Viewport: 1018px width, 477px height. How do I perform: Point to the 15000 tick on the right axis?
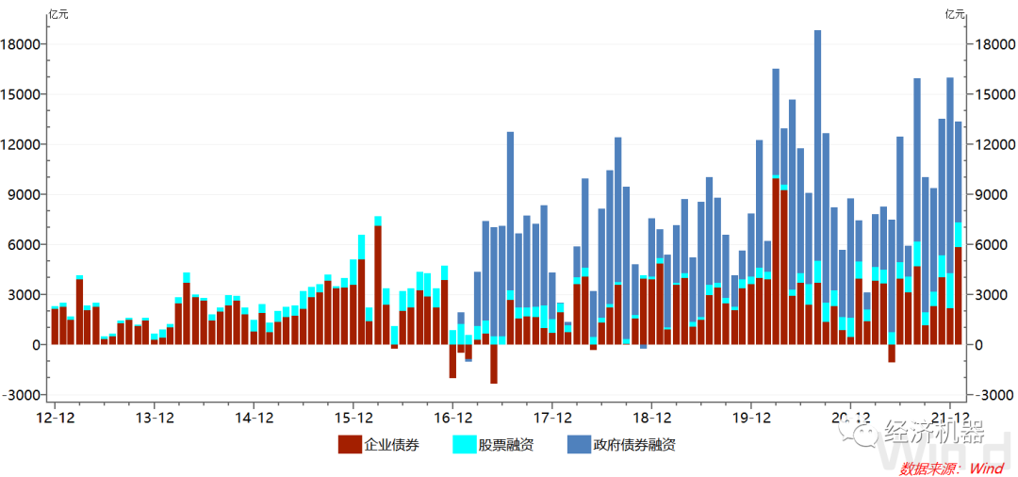pyautogui.click(x=995, y=94)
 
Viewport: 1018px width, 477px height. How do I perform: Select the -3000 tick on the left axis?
pyautogui.click(x=23, y=395)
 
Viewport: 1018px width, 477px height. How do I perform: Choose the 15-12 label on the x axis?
pyautogui.click(x=353, y=417)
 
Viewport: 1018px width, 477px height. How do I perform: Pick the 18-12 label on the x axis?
pyautogui.click(x=652, y=417)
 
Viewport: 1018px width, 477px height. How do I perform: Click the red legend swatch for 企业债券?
pyautogui.click(x=350, y=444)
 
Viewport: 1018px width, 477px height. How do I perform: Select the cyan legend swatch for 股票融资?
pyautogui.click(x=464, y=444)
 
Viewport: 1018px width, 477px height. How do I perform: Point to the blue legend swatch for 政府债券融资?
pyautogui.click(x=578, y=444)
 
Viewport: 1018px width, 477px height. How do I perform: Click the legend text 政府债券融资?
pyautogui.click(x=633, y=444)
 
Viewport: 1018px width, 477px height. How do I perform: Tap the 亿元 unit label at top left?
pyautogui.click(x=58, y=13)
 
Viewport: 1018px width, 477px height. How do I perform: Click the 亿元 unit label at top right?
pyautogui.click(x=955, y=13)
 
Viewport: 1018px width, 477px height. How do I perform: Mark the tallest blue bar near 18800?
pyautogui.click(x=817, y=141)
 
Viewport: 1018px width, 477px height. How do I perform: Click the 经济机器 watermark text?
pyautogui.click(x=934, y=434)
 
